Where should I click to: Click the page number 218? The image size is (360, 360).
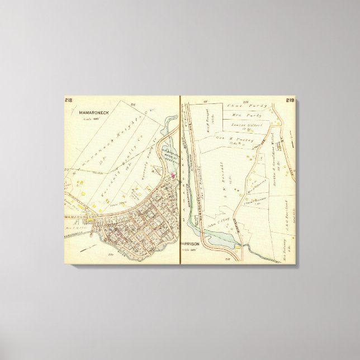click(x=68, y=100)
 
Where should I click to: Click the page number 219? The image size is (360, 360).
click(x=290, y=101)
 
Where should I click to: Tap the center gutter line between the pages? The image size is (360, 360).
click(x=180, y=179)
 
